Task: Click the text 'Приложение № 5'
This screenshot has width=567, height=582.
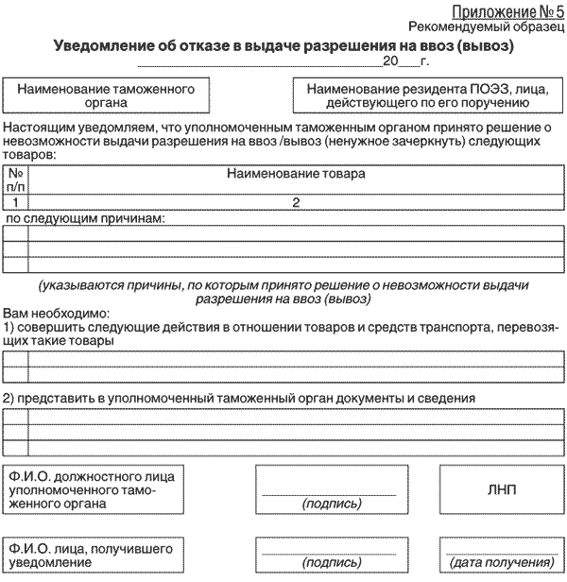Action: click(507, 12)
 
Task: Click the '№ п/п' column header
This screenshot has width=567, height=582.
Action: click(16, 180)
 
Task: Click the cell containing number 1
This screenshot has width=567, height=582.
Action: click(16, 202)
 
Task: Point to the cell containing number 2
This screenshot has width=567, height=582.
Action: click(296, 202)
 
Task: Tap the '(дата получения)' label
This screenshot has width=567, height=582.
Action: click(500, 562)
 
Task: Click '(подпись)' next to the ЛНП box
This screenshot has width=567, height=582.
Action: click(331, 504)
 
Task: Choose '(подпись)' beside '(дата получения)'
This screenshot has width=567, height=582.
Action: click(331, 562)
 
